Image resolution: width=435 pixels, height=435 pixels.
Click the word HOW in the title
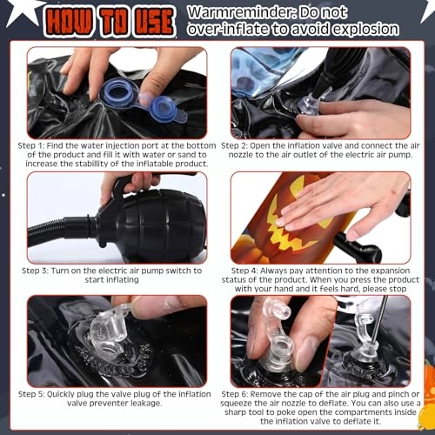(69, 22)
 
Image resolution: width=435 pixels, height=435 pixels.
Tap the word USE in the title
(154, 22)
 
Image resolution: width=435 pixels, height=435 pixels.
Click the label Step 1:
(31, 145)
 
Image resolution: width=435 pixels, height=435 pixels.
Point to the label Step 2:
(234, 145)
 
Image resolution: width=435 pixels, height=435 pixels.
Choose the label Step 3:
(35, 271)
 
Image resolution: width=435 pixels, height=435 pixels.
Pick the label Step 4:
(244, 271)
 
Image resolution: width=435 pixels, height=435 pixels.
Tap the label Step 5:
(31, 394)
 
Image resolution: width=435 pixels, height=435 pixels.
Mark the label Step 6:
(235, 394)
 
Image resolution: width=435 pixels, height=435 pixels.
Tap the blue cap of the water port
(163, 110)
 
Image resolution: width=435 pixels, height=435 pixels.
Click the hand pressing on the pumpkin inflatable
(342, 207)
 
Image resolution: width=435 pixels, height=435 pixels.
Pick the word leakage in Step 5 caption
(146, 404)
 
